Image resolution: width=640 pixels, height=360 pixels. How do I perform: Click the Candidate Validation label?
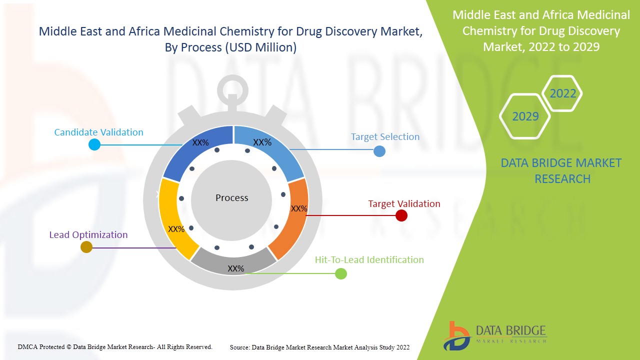point(98,132)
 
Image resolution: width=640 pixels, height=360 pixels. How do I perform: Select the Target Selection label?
point(385,137)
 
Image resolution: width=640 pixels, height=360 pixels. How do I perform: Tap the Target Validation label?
point(404,204)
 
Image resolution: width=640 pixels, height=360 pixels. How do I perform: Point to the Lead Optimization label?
point(88,235)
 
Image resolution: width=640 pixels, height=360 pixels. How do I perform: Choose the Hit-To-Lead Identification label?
point(369,260)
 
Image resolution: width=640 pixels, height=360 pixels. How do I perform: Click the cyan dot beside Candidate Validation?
point(94,144)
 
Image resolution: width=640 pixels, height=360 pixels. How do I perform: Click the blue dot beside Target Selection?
point(379,151)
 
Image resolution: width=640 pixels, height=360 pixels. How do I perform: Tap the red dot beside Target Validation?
point(401,215)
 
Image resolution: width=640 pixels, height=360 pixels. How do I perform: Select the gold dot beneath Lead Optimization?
point(86,247)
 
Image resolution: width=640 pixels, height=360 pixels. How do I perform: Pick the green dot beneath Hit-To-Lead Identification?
point(340,273)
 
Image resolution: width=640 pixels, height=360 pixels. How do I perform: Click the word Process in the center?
point(231,198)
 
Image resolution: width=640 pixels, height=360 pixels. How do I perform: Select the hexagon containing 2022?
point(562,93)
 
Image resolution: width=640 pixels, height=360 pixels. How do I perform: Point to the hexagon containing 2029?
point(525,116)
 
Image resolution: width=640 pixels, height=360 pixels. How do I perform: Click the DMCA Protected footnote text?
point(115,346)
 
